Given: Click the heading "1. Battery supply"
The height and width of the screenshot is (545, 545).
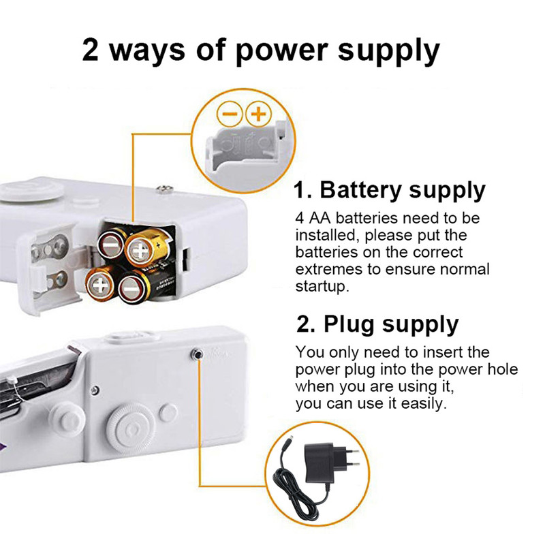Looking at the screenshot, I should tap(390, 189).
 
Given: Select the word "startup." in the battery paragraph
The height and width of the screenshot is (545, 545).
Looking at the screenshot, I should tap(322, 286).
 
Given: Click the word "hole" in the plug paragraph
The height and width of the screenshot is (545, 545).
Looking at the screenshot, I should tap(499, 369).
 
